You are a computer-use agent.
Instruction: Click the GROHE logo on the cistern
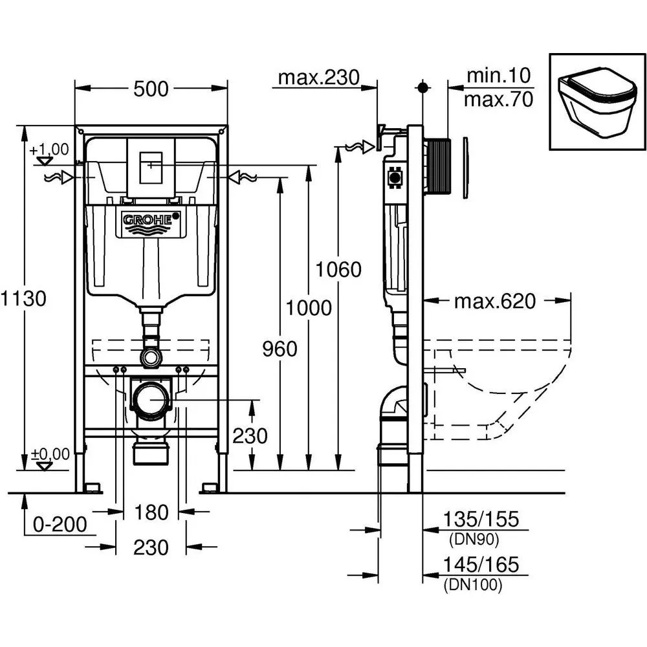point(151,222)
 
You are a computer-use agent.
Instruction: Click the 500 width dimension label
point(151,89)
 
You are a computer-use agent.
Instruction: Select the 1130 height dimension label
point(23,298)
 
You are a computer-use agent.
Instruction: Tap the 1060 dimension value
point(338,269)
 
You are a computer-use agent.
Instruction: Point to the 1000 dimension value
point(309,308)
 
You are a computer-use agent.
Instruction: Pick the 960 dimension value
point(280,349)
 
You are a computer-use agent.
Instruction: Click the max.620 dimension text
point(495,302)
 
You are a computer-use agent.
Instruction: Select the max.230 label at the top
point(318,78)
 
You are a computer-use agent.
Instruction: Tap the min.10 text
point(498,76)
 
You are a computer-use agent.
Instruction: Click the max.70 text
point(498,100)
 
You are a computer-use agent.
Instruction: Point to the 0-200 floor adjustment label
point(60,525)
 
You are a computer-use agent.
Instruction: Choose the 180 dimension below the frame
point(151,512)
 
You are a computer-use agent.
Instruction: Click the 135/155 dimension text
point(481,519)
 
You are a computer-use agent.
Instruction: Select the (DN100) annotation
point(473,585)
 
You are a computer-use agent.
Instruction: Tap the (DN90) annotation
point(474,539)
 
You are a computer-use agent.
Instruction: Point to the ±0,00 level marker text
point(50,454)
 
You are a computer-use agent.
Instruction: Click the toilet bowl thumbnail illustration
point(597,102)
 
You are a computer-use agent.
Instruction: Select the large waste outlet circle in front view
point(151,400)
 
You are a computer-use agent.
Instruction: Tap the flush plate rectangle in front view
point(151,168)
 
